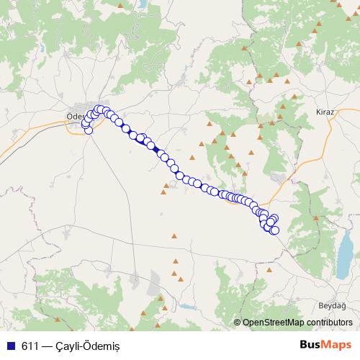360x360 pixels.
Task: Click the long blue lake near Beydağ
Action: coord(346,252)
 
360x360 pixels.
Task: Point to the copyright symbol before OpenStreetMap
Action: coord(238,323)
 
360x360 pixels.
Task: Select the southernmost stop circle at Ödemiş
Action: coord(89,130)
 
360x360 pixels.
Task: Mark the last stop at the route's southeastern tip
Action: coord(274,230)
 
